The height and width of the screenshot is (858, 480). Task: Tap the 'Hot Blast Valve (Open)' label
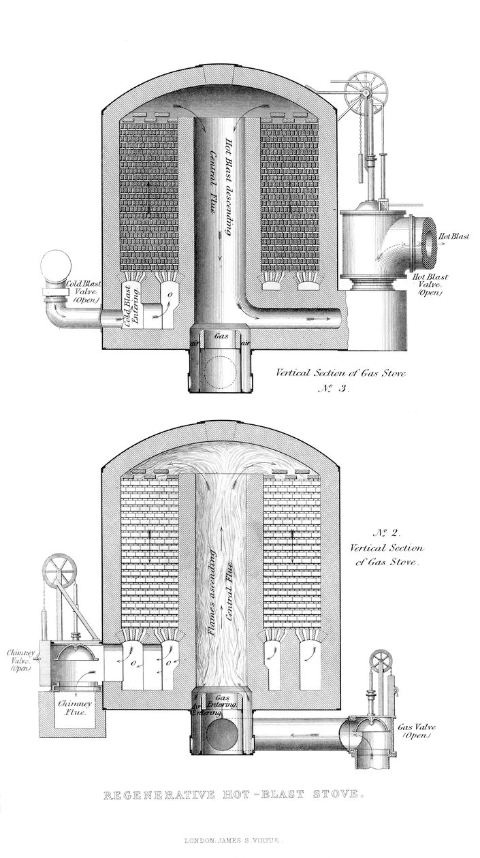tap(432, 285)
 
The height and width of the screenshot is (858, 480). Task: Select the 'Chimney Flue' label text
tap(71, 708)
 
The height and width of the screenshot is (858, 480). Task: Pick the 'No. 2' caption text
tap(387, 532)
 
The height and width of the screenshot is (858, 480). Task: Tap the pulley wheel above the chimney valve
tap(59, 571)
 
